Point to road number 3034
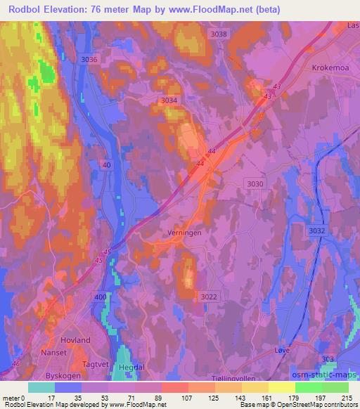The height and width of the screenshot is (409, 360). click(169, 100)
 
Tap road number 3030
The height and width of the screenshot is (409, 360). click(256, 183)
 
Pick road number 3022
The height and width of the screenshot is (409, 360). click(209, 297)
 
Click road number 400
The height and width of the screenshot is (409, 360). click(101, 298)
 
